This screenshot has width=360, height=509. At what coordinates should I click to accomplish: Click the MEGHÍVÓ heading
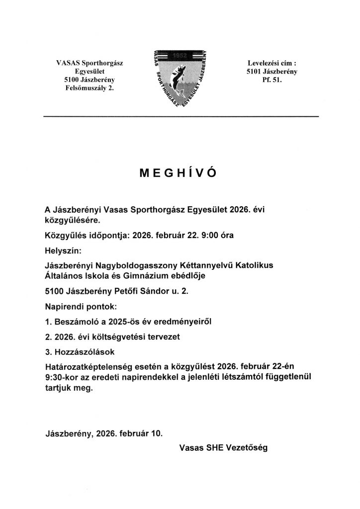(180, 172)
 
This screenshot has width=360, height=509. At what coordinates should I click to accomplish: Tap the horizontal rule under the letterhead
(180, 116)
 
